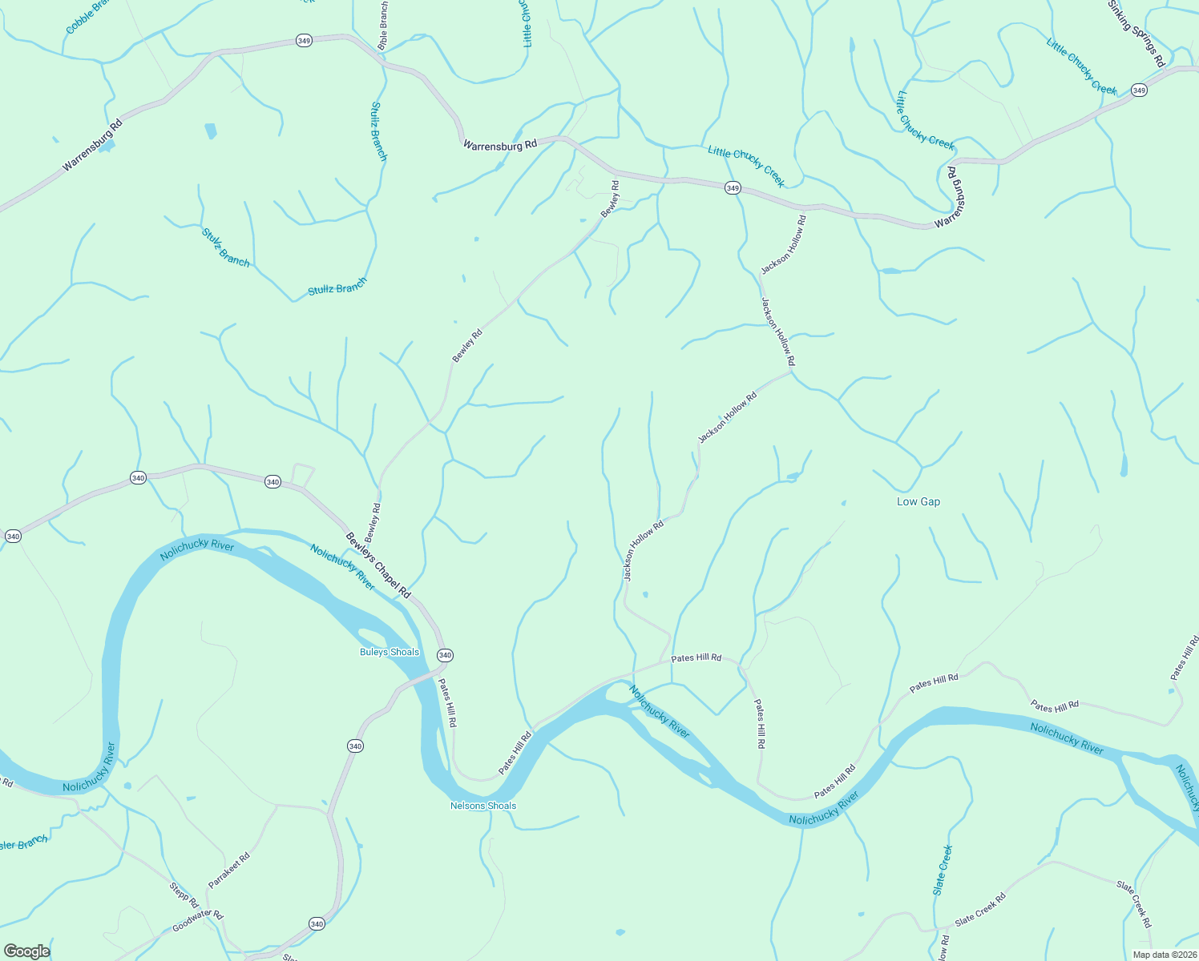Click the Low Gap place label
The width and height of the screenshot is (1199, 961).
[918, 501]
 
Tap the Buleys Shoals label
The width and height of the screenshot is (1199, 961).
[389, 652]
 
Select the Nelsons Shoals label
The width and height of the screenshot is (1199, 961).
[483, 806]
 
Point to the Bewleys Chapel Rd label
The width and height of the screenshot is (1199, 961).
[377, 566]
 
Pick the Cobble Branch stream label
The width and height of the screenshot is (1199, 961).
[88, 16]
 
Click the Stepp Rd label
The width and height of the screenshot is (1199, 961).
[184, 895]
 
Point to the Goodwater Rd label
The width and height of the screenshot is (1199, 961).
[197, 922]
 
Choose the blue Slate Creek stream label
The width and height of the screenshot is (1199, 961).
[942, 870]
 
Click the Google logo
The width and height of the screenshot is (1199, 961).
[26, 951]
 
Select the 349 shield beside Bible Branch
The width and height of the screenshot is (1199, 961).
[304, 41]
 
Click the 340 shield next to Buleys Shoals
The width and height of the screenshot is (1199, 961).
[445, 655]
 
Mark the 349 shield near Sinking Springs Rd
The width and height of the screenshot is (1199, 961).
[1139, 90]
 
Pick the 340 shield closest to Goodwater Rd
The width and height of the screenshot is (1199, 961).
[317, 924]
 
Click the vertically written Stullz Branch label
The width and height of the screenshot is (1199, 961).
[379, 131]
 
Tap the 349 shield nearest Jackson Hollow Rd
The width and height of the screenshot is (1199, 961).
[733, 188]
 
